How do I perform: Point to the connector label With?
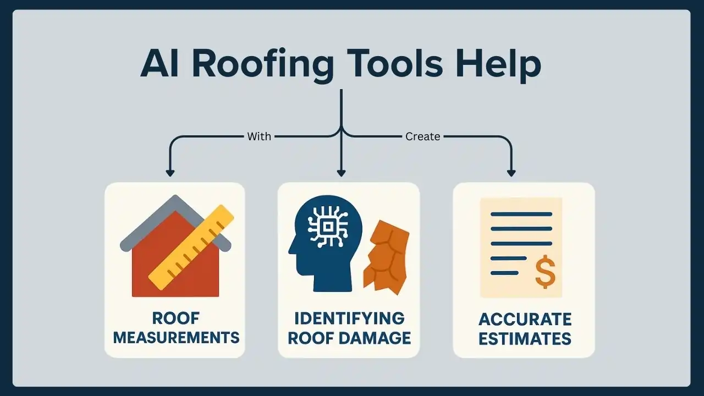tap(259, 136)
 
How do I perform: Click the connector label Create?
tap(422, 136)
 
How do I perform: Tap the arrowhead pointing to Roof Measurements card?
tap(170, 173)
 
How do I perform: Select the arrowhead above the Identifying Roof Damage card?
tap(342, 173)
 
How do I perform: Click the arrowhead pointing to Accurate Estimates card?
tap(512, 173)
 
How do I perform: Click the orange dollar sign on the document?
tap(545, 272)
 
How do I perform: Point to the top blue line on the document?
tap(521, 214)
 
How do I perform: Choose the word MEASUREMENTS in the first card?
tap(176, 337)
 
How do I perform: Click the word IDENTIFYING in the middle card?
tap(349, 318)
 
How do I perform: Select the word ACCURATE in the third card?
tap(525, 319)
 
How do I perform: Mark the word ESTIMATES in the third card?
tap(525, 338)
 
